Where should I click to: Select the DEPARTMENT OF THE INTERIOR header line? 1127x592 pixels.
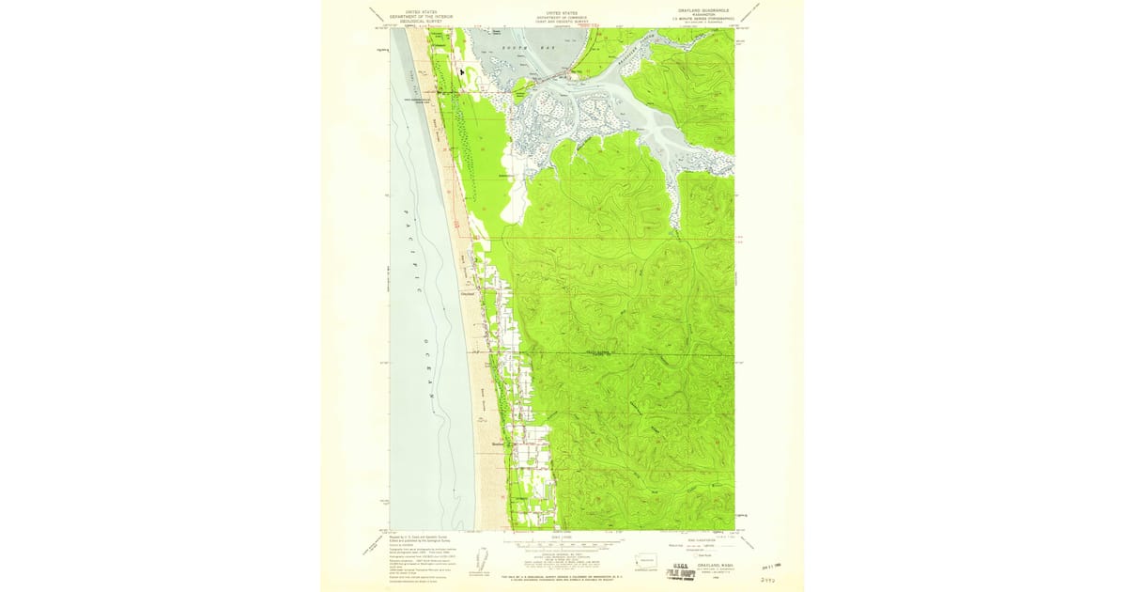tap(422, 16)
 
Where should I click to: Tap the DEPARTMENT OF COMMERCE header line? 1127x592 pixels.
tap(562, 16)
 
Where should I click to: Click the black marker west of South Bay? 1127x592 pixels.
tap(461, 71)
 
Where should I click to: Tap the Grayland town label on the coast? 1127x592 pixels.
tap(468, 291)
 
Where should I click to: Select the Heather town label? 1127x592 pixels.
tap(498, 444)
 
